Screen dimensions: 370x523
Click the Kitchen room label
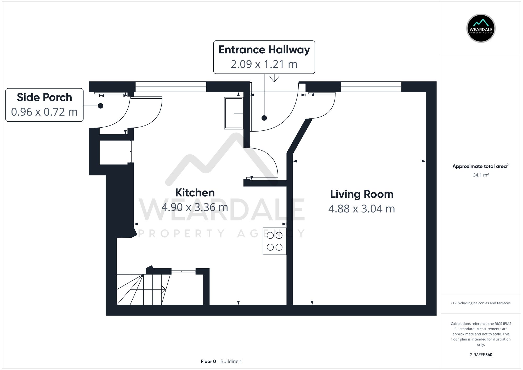(x=195, y=193)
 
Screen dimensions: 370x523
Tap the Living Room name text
(x=362, y=194)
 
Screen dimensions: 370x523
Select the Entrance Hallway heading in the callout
(x=264, y=50)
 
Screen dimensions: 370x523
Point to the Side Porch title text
(x=44, y=97)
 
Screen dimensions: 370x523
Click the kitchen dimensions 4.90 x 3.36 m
(x=195, y=207)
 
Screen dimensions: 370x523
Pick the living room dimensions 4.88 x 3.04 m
(x=362, y=209)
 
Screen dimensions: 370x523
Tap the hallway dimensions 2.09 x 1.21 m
(x=264, y=64)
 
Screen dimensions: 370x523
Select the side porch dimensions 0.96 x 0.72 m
(x=44, y=112)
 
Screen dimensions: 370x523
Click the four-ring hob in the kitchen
(x=275, y=241)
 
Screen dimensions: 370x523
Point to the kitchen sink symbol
(x=234, y=113)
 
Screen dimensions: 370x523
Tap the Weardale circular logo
(x=481, y=28)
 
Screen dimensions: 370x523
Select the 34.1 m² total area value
(x=481, y=175)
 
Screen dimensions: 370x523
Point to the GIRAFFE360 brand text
(x=481, y=355)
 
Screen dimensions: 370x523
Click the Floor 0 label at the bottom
(x=208, y=361)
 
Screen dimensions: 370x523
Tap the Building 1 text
(x=231, y=361)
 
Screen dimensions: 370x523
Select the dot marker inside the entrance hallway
(x=264, y=118)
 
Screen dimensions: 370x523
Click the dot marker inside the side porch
(x=100, y=106)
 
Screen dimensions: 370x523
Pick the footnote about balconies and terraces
(x=481, y=303)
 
